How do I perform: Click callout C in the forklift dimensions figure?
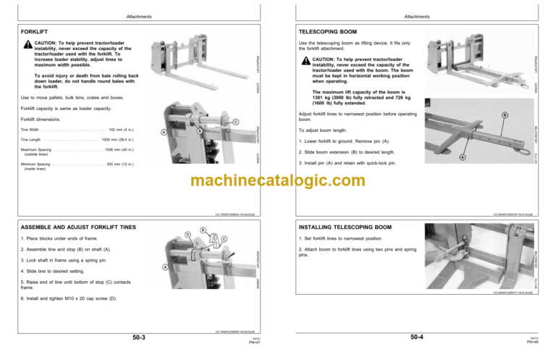coord(235,122)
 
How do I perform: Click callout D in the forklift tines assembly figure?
coord(187,234)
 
